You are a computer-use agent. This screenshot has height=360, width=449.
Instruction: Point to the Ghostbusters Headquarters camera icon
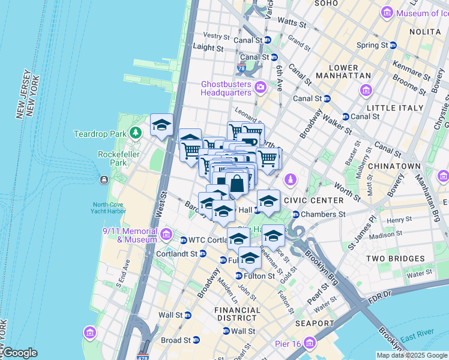[x=260, y=88]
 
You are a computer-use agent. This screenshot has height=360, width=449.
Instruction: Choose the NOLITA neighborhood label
[x=424, y=31]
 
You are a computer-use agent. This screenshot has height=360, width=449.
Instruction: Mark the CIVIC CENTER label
[x=314, y=200]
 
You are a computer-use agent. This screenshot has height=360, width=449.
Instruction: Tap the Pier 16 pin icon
[x=310, y=343]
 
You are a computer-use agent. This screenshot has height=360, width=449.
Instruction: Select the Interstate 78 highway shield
[x=241, y=68]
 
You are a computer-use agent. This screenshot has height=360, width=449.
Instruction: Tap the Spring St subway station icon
[x=393, y=45]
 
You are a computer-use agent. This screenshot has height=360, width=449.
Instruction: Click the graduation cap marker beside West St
[x=161, y=125]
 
